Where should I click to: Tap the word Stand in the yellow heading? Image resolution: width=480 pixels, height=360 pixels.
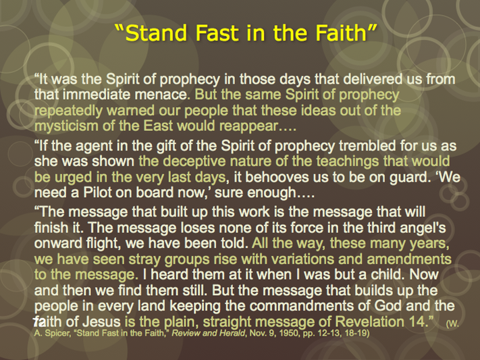156,33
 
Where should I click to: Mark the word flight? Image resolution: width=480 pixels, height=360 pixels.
103,243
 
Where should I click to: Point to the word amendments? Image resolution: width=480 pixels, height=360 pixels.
409,259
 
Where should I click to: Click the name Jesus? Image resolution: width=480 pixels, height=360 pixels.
102,322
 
